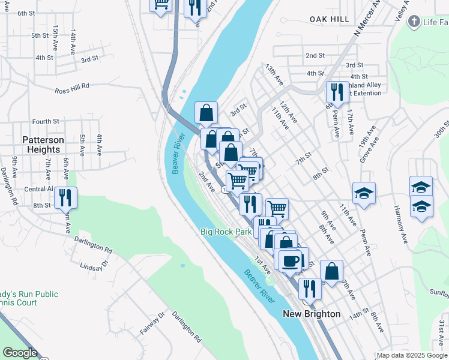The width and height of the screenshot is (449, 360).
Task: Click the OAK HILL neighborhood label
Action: (330, 20)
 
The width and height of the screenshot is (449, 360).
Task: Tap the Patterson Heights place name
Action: (43, 145)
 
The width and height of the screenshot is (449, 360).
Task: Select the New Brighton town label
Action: (312, 314)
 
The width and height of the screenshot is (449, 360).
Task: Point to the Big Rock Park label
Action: (226, 232)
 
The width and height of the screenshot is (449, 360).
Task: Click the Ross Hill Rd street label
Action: (71, 87)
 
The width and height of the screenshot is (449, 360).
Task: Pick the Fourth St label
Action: (46, 121)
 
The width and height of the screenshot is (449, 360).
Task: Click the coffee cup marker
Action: (291, 261)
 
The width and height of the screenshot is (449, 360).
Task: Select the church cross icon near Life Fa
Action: (413, 22)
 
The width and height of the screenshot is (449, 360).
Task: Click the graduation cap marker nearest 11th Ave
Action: (364, 193)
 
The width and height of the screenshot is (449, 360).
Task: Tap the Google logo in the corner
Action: (20, 353)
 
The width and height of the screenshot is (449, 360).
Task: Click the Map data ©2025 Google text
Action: (412, 355)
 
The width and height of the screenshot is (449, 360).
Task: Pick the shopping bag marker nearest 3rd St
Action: (206, 112)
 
